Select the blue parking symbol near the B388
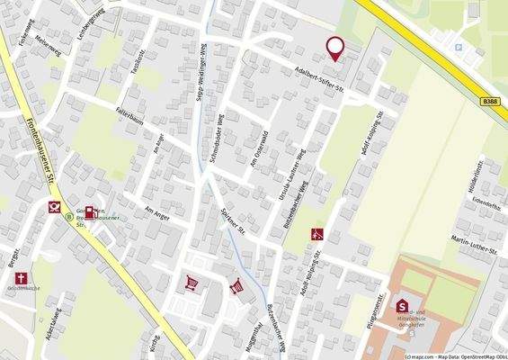pos(459,47)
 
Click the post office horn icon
pos(54,207)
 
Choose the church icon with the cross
pos(21,279)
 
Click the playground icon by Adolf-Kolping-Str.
pos(316,235)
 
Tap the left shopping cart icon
pos(191,282)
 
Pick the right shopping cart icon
pos(236,286)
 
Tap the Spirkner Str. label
pos(237,216)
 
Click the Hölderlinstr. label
pos(479,171)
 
